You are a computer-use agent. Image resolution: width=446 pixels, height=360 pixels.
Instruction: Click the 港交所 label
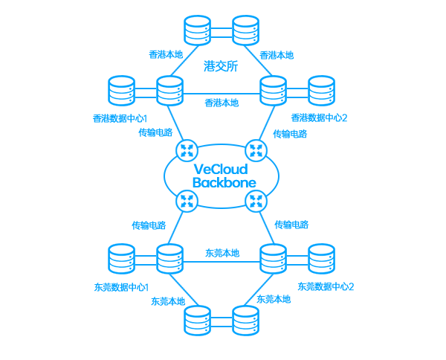[221, 67]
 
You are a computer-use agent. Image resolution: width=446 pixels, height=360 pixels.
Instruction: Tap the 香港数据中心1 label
[120, 118]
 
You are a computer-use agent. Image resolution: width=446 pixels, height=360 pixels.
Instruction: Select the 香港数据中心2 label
[319, 118]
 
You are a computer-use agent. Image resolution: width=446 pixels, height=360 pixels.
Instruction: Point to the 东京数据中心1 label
[121, 287]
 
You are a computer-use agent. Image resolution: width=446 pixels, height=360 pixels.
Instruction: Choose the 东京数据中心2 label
[325, 286]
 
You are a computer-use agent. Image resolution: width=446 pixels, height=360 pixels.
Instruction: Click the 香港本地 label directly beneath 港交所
[222, 103]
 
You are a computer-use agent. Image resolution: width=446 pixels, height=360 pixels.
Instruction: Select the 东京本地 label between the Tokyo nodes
[222, 253]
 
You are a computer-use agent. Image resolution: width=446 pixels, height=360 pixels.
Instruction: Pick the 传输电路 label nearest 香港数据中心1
[153, 133]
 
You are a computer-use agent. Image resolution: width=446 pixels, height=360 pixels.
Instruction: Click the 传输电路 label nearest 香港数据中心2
[290, 134]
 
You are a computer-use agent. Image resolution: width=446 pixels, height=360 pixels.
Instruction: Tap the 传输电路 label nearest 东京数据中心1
[149, 225]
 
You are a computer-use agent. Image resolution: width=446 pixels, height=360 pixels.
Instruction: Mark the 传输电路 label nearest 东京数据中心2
[291, 225]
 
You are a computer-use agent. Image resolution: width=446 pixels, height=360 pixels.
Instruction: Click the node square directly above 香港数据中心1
[121, 90]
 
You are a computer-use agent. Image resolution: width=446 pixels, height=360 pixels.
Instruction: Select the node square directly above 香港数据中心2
[321, 90]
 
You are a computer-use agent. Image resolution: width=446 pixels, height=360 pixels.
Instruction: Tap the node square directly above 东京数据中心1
[121, 258]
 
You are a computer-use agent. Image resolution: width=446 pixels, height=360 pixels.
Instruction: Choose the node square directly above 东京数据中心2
[321, 258]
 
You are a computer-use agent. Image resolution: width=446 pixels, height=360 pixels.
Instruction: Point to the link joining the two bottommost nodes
[222, 321]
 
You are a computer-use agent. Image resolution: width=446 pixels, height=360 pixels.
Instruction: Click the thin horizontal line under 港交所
[222, 94]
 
